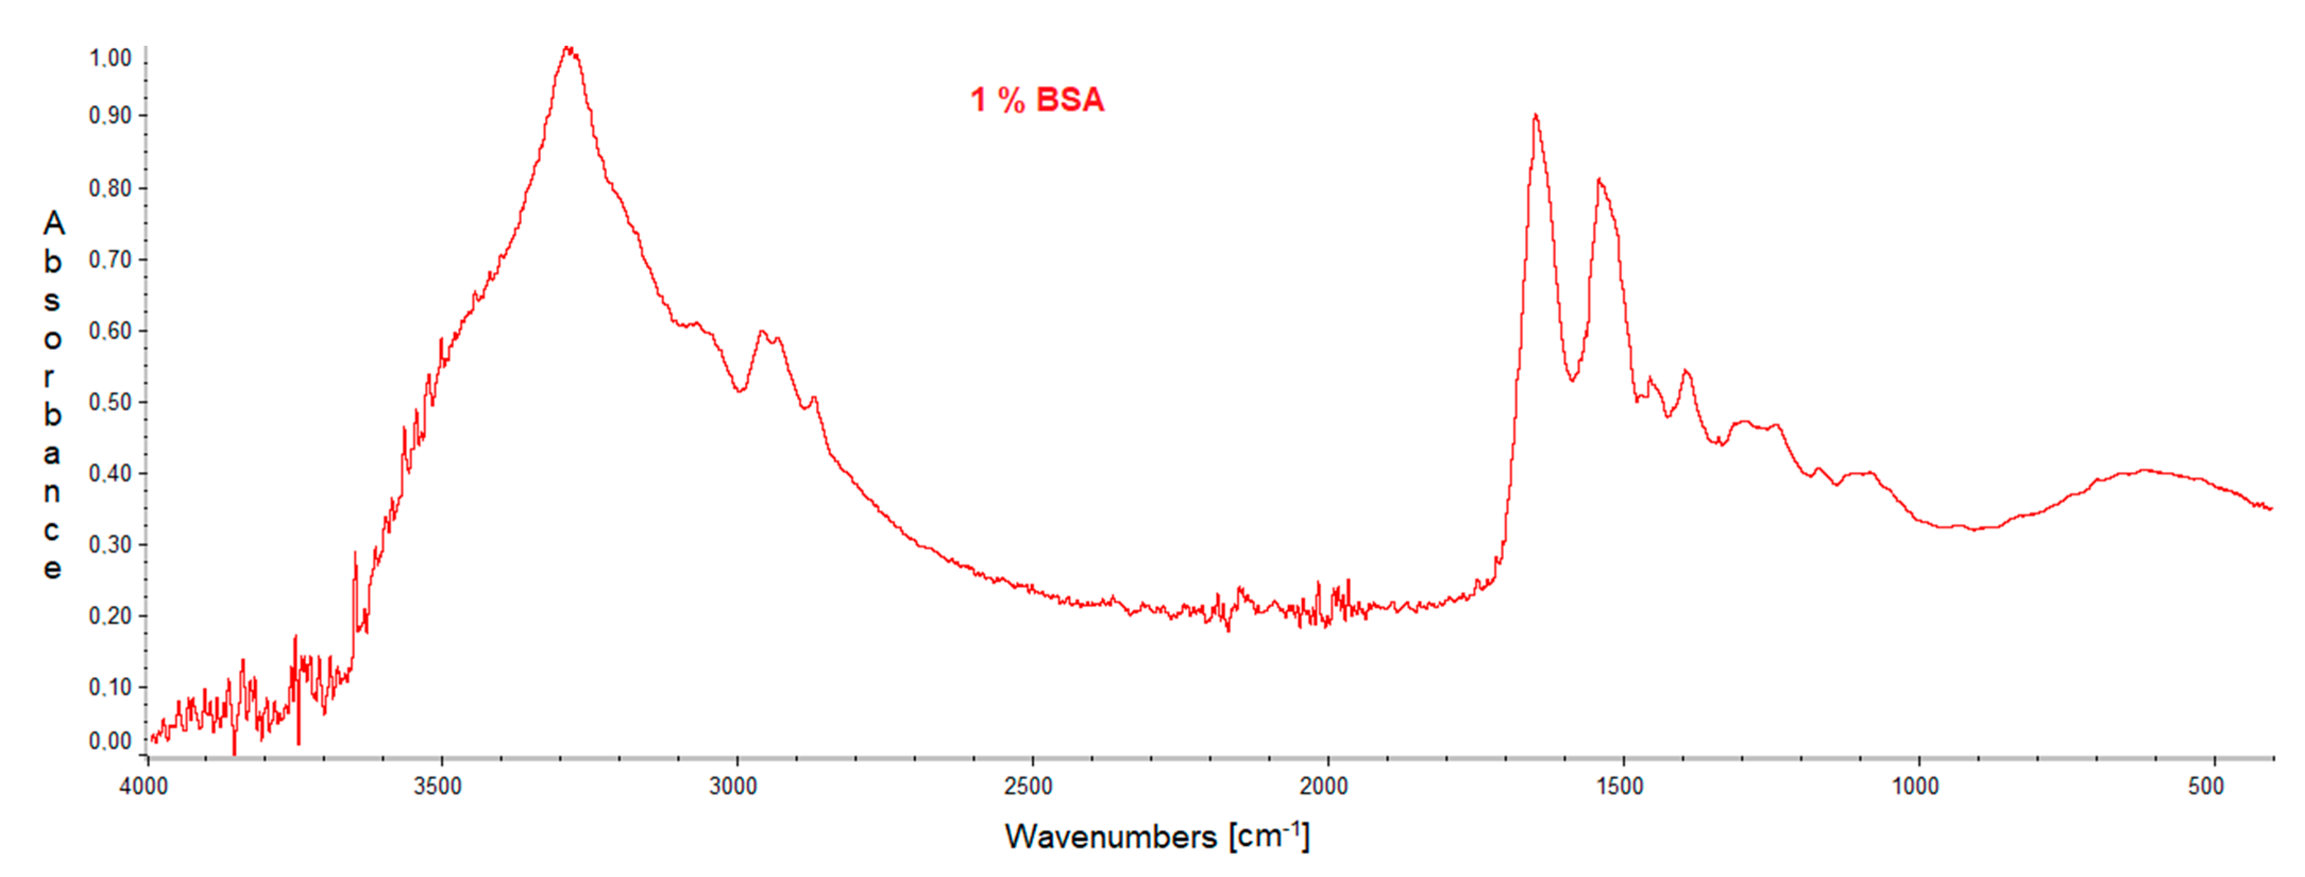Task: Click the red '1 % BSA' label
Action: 1037,99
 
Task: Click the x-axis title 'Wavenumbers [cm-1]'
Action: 1157,836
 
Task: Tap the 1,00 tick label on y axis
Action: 110,58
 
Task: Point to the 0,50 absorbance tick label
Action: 110,402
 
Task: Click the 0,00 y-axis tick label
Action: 110,741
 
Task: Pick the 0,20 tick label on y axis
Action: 110,616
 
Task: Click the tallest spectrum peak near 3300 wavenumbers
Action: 568,48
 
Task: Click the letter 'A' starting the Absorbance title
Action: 54,224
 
